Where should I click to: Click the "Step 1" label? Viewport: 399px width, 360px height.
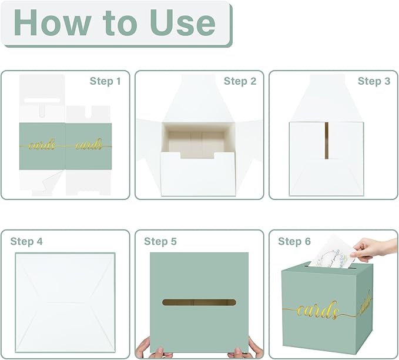[105, 81]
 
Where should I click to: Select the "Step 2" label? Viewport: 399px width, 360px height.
[240, 81]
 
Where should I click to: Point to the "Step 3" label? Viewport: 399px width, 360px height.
[374, 81]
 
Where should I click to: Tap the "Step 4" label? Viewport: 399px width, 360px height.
[26, 241]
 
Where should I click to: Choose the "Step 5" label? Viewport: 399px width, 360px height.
[160, 241]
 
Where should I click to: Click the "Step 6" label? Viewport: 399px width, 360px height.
[294, 241]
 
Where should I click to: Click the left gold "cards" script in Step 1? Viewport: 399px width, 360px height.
[42, 144]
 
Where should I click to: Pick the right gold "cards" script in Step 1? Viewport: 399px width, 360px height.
[88, 144]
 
